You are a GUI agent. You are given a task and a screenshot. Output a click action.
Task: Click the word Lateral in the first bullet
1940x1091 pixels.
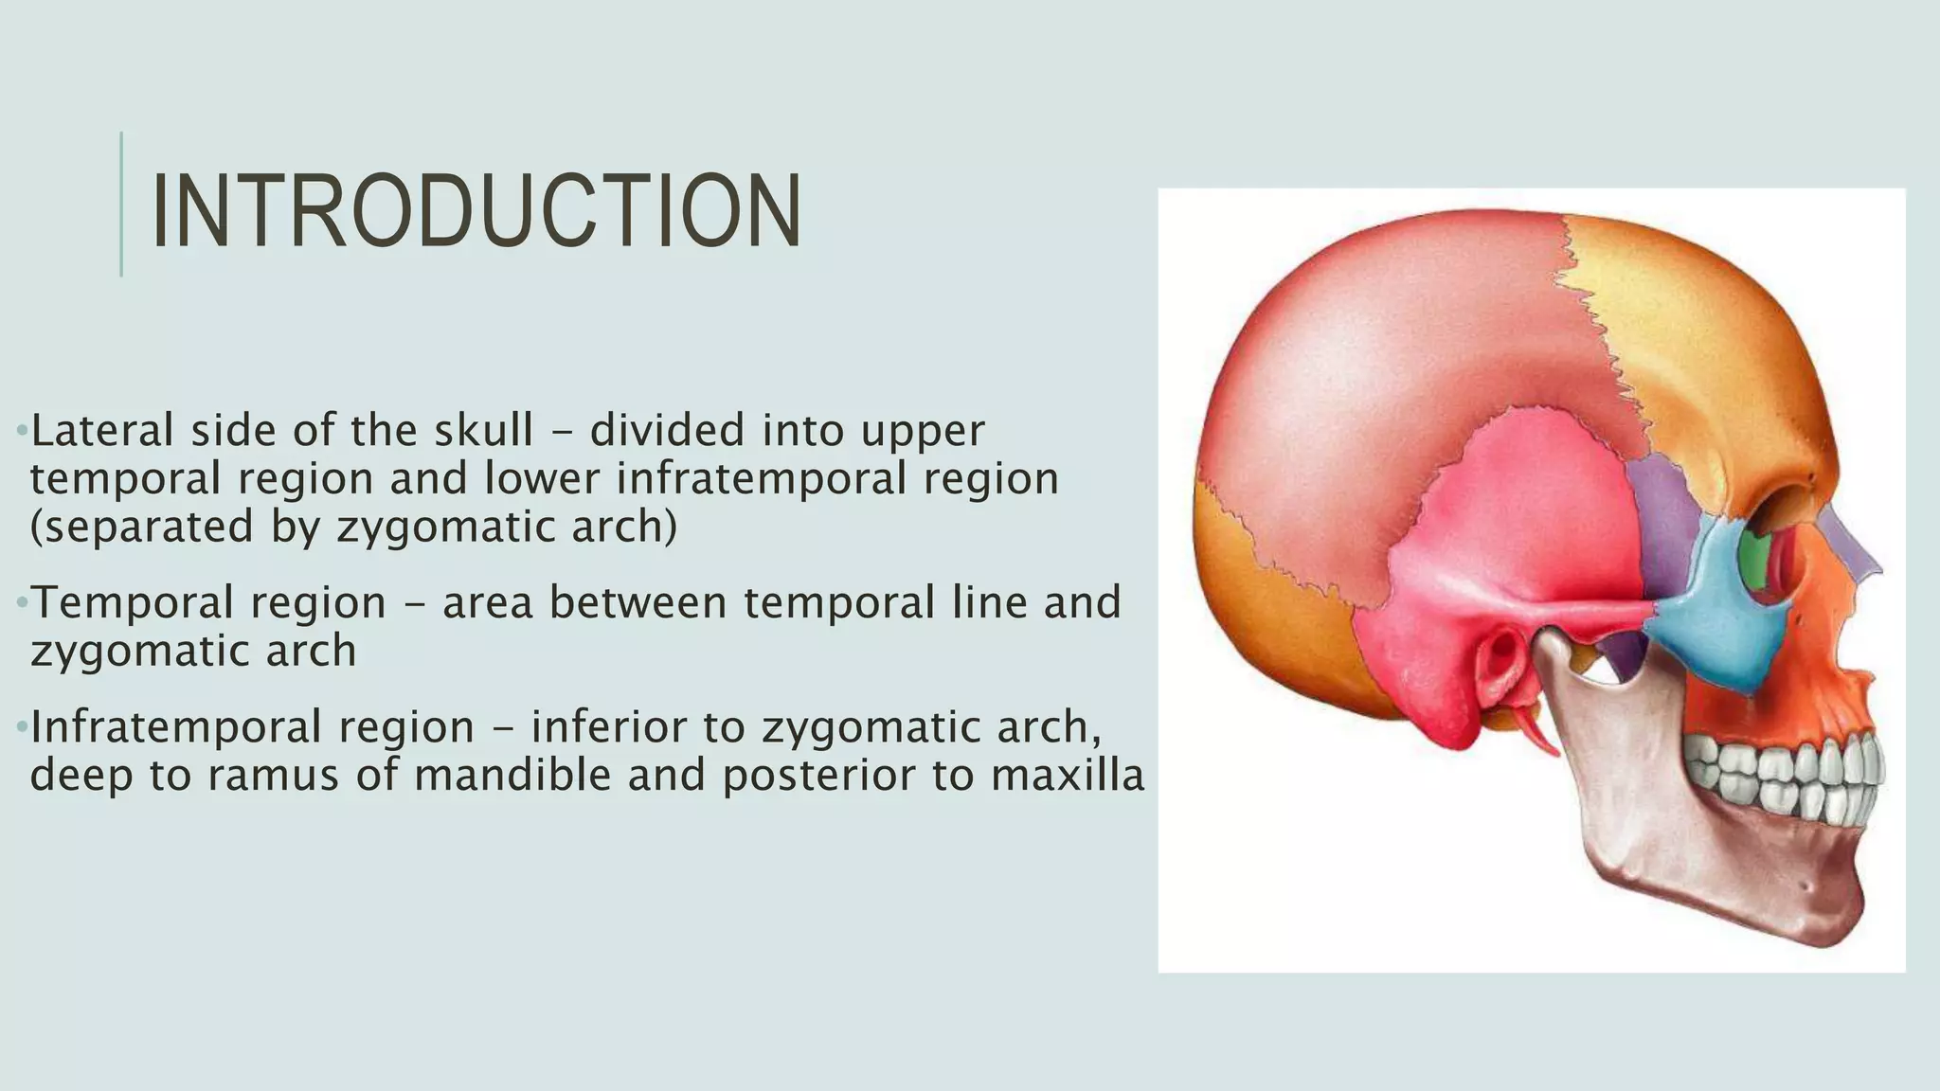pos(102,431)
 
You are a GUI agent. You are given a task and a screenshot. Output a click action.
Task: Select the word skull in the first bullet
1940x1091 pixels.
pos(483,431)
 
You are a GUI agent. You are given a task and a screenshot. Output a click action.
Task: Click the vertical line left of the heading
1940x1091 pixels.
pos(121,205)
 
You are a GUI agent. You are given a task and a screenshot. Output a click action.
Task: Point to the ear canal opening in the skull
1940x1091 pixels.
pos(1500,658)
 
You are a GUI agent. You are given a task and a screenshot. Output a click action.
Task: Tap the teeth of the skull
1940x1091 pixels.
pos(1781,772)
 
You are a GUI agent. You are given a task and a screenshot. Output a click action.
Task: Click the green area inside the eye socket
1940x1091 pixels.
pos(1758,559)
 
